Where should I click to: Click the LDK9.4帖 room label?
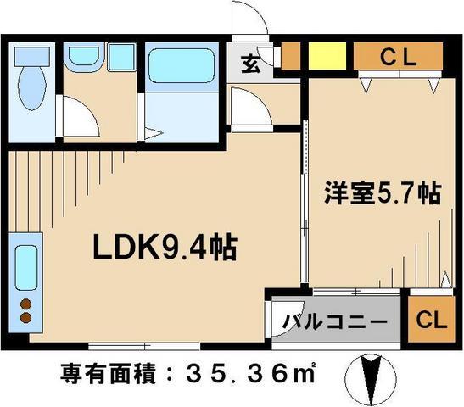164,249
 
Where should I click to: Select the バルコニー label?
335,322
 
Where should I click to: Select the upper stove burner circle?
24,304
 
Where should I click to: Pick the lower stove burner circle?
24,320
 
